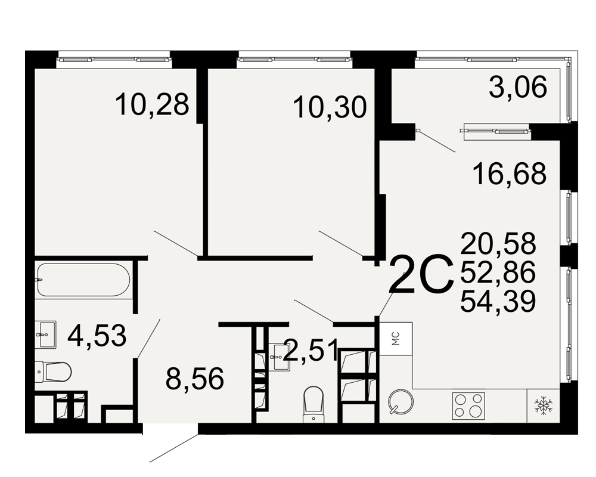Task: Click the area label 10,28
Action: coord(151,104)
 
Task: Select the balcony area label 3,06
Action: coord(518,86)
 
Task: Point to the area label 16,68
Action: coord(510,174)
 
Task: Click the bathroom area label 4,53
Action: coord(97,336)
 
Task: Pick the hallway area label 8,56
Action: coord(195,379)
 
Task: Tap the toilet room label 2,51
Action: coord(311,351)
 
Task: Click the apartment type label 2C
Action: coord(422,274)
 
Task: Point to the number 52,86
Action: coord(498,272)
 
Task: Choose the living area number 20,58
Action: coord(498,243)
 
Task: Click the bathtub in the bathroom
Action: coord(83,280)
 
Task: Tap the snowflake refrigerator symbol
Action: coord(543,405)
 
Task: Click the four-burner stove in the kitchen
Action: coord(468,405)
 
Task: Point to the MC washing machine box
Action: coord(396,339)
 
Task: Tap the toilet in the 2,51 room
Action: coord(313,404)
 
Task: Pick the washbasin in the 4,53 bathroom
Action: coord(46,334)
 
